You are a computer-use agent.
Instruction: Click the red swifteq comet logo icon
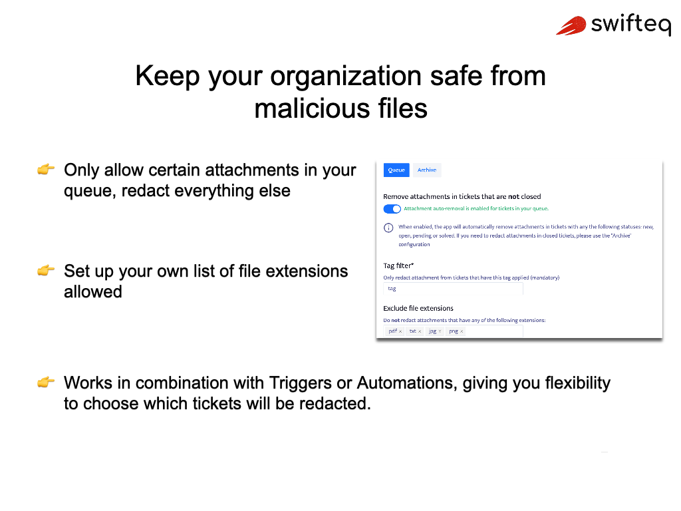[x=570, y=25]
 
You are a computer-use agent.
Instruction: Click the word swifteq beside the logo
[x=630, y=25]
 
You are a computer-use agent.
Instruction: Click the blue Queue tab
[x=396, y=170]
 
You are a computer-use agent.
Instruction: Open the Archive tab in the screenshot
[x=427, y=170]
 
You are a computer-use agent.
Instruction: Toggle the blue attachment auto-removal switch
[x=392, y=209]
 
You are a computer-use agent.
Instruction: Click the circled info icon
[x=389, y=228]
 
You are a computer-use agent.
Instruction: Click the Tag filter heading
[x=398, y=266]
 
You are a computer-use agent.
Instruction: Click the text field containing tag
[x=453, y=289]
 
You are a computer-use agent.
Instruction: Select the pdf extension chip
[x=395, y=331]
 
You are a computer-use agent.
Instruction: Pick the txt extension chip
[x=415, y=331]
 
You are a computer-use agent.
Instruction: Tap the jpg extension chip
[x=435, y=331]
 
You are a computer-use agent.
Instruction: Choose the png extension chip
[x=456, y=331]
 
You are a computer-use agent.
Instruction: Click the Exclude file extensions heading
[x=418, y=309]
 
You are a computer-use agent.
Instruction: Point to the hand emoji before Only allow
[x=46, y=170]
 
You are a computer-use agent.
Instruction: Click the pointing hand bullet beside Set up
[x=46, y=271]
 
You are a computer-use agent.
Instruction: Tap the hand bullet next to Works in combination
[x=46, y=383]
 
